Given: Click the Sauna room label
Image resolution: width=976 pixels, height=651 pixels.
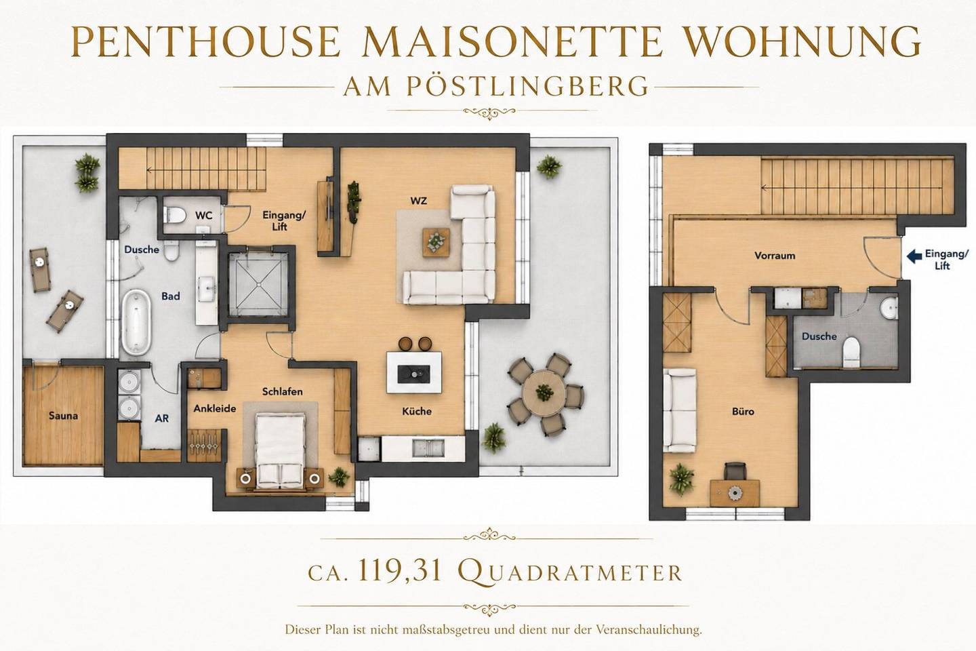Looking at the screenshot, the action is pyautogui.click(x=63, y=416).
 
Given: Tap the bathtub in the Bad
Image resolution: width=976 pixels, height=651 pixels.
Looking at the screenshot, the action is pyautogui.click(x=136, y=322).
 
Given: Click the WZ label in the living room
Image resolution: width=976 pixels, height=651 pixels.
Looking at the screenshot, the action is pyautogui.click(x=418, y=201).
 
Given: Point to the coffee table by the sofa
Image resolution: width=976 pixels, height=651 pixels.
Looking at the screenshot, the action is pyautogui.click(x=436, y=243).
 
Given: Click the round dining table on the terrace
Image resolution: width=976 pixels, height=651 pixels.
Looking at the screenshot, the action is pyautogui.click(x=544, y=391).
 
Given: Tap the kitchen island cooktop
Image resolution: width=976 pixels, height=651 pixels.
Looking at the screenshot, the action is pyautogui.click(x=413, y=374).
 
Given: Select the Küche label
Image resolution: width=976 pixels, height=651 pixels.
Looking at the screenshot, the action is pyautogui.click(x=417, y=411).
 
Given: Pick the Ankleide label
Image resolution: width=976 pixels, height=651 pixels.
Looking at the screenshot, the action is pyautogui.click(x=215, y=408).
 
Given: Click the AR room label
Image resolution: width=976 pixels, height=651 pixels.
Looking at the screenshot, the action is pyautogui.click(x=161, y=418).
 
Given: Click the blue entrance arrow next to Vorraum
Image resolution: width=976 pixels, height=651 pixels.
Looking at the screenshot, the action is pyautogui.click(x=914, y=256).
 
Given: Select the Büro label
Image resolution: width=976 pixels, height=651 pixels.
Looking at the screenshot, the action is pyautogui.click(x=743, y=411).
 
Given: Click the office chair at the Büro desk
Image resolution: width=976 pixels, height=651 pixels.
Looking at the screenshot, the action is pyautogui.click(x=735, y=471).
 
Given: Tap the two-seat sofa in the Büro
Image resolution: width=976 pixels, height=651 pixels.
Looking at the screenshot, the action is pyautogui.click(x=679, y=410).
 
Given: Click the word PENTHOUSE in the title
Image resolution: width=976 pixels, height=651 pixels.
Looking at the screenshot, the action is pyautogui.click(x=205, y=41).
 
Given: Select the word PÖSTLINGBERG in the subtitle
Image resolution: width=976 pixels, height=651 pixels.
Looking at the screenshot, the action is pyautogui.click(x=527, y=86).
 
